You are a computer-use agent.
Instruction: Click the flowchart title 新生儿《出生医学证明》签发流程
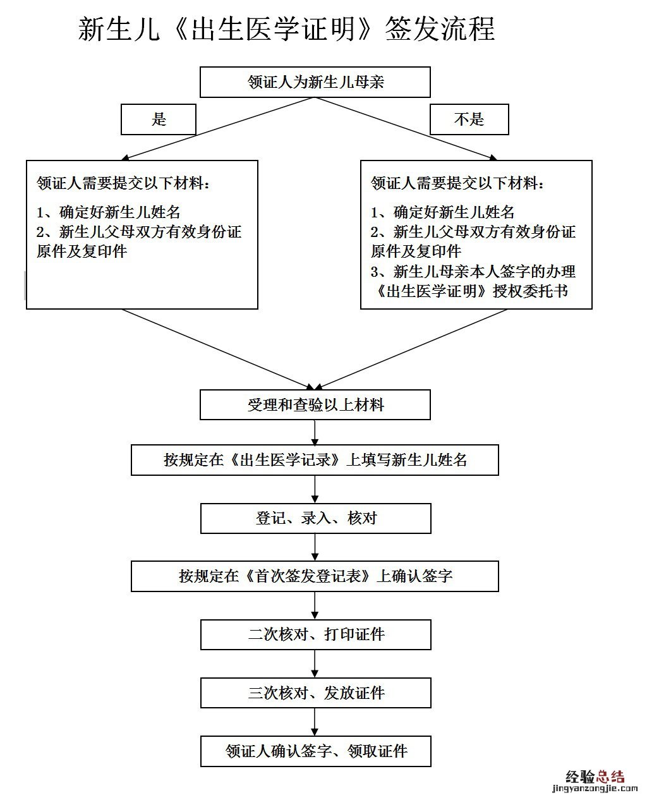click(286, 29)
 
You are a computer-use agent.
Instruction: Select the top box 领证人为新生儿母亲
click(315, 82)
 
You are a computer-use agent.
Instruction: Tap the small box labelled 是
click(159, 119)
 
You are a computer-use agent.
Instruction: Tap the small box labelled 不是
click(469, 119)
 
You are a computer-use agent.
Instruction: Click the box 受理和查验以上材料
click(315, 405)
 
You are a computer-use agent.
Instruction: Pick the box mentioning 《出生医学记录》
click(315, 460)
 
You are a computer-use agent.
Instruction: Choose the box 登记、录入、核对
click(315, 518)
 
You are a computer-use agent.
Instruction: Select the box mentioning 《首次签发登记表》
click(315, 576)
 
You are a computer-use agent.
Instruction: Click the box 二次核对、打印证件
click(315, 634)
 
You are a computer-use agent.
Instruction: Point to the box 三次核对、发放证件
click(315, 693)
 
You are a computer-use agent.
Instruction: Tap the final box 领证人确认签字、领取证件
click(315, 751)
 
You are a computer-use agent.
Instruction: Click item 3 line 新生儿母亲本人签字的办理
click(473, 272)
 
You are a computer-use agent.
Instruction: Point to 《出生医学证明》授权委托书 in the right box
click(470, 291)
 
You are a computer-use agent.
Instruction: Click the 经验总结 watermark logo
click(595, 777)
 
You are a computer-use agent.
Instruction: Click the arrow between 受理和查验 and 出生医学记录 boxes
click(315, 433)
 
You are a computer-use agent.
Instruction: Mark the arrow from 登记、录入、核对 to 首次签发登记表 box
click(315, 547)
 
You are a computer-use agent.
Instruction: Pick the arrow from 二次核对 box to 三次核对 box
click(315, 664)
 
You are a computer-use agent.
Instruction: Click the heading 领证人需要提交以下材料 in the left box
click(123, 184)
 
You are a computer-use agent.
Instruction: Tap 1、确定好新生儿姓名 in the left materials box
click(109, 212)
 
